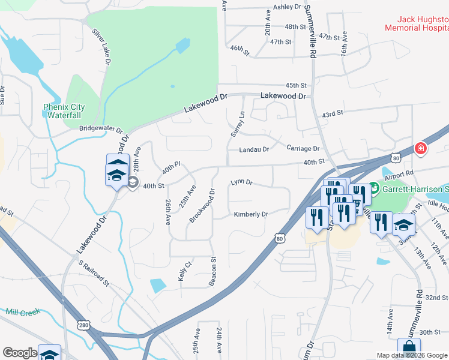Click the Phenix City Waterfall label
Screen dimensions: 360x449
(64, 112)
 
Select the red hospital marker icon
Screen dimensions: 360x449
(420, 149)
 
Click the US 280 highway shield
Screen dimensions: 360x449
(83, 325)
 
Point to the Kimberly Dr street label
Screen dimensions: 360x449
(251, 214)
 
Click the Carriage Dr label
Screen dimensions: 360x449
(303, 148)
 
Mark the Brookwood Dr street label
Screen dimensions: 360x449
(202, 206)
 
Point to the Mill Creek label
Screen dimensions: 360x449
(22, 311)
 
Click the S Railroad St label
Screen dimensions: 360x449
(94, 272)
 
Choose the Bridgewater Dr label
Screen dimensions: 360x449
(100, 128)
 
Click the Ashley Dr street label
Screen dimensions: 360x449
(287, 7)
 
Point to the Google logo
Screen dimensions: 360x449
(20, 353)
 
